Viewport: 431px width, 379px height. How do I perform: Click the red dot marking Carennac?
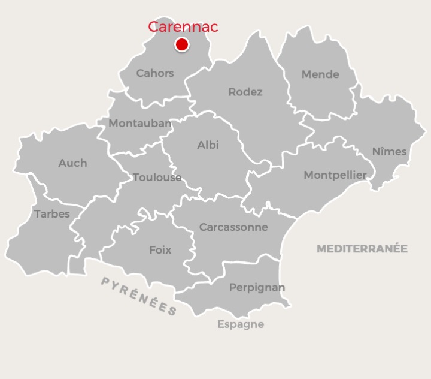[182, 44]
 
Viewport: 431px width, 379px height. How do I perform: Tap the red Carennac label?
[183, 27]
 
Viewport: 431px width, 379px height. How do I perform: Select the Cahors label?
[155, 73]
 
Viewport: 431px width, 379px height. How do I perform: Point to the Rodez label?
[245, 92]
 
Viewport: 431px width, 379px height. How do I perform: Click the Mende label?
[320, 74]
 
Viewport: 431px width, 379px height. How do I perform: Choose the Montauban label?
[140, 124]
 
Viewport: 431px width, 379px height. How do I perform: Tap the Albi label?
[208, 145]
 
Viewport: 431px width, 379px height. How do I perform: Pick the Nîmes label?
[389, 152]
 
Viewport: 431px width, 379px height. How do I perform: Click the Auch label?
[72, 163]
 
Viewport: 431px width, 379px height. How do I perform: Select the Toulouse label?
[157, 178]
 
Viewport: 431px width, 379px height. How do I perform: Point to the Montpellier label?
[335, 175]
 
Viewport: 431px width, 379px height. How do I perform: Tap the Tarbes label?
[52, 214]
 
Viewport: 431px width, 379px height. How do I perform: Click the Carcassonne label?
[233, 228]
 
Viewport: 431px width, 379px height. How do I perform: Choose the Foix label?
[160, 250]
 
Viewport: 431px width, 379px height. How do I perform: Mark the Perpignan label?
[257, 287]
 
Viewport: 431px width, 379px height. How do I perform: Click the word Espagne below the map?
[241, 324]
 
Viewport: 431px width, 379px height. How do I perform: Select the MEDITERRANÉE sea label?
[362, 249]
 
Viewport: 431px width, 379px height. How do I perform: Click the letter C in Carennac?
[154, 27]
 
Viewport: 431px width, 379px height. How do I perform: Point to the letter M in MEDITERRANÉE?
[321, 249]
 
